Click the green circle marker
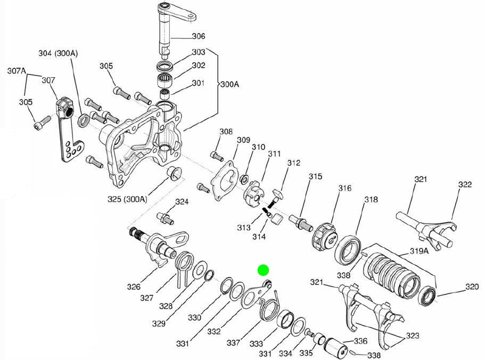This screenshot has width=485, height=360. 263,270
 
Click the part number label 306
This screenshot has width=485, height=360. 198,36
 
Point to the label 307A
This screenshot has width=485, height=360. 17,71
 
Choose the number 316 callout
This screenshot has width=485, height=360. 344,188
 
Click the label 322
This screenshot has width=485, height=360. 465,185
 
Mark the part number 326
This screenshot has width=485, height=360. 134,287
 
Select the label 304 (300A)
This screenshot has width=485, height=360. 58,53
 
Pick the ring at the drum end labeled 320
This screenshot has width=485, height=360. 428,296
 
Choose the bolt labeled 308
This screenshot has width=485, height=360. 216,156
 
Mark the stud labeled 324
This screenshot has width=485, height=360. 164,218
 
